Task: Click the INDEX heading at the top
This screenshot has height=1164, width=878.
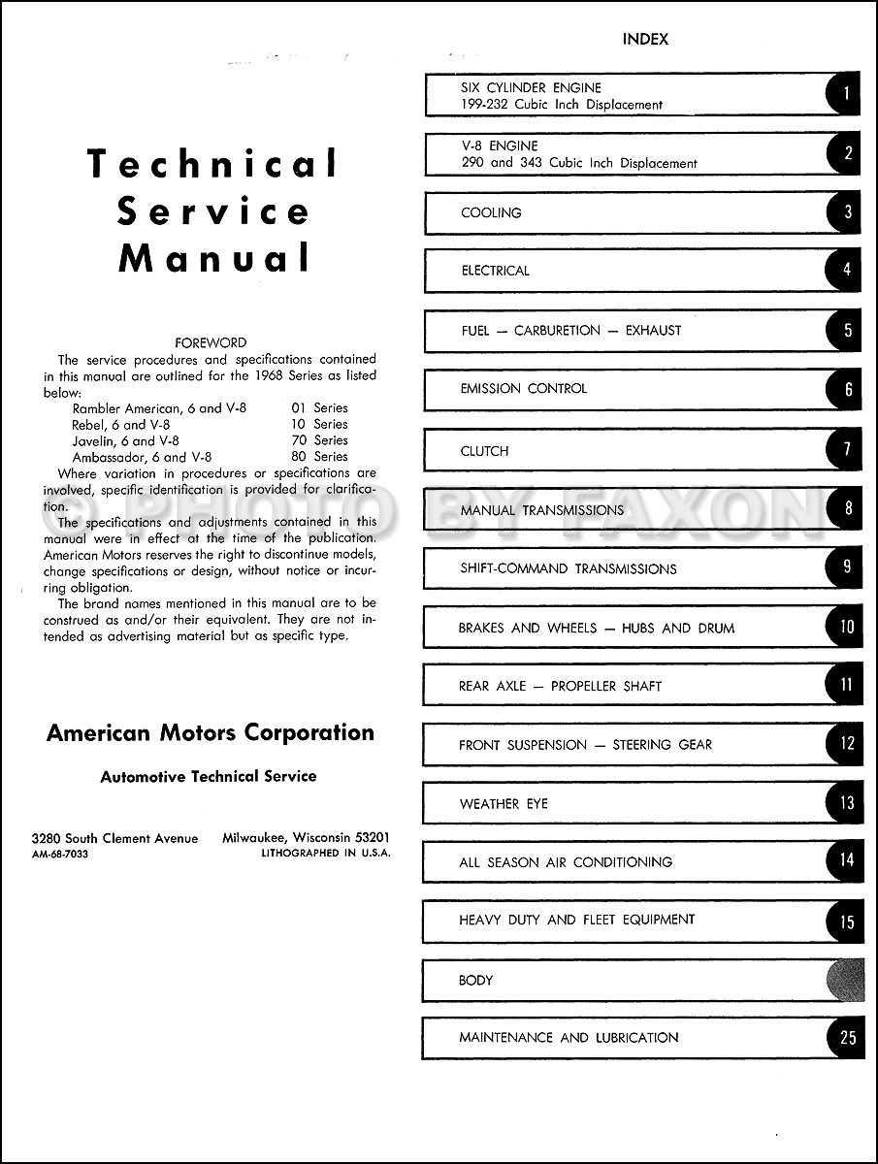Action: coord(645,40)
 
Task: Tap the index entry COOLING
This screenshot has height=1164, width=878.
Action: coord(491,212)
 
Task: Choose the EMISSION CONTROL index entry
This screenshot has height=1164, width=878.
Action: coord(523,388)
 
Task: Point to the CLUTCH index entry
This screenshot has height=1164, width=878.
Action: coord(484,451)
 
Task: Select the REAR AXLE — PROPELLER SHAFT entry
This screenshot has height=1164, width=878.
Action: coord(560,686)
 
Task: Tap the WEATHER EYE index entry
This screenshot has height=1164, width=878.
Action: coord(504,803)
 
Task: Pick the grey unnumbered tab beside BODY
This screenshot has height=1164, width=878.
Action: coord(845,979)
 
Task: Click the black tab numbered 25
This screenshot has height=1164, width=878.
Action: coord(847,1037)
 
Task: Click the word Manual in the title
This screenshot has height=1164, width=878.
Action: coord(214,258)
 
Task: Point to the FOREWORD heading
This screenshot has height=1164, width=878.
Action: coord(211,342)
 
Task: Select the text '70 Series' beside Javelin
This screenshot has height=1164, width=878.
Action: coord(318,439)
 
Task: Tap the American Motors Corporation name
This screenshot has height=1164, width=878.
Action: coord(210,732)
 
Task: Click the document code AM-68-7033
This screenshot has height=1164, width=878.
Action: coord(59,854)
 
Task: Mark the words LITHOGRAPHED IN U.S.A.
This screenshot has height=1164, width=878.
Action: coord(326,854)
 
